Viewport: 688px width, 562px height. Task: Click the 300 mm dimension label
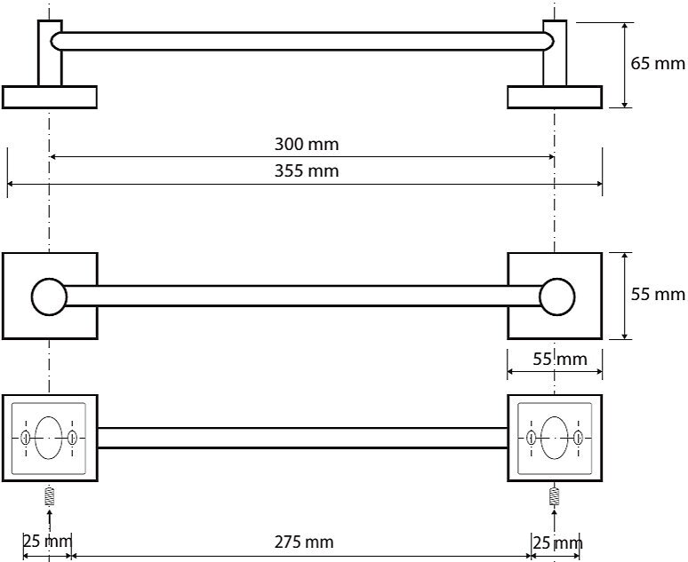coord(307,144)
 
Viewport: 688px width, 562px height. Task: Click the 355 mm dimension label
coord(307,171)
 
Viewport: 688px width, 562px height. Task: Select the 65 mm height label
coord(658,64)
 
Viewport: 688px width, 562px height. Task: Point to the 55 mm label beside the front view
coord(658,295)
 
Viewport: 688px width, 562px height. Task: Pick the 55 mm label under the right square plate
coord(559,360)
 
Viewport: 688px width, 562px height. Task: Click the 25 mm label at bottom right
coord(557,542)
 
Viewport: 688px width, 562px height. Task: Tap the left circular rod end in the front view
coord(49,296)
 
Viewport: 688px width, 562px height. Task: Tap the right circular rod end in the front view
coord(556,296)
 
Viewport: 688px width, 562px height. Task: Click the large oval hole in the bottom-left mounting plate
coord(49,437)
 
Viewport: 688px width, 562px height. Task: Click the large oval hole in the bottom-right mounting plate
coord(555,437)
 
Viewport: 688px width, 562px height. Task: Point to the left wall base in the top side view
coord(49,97)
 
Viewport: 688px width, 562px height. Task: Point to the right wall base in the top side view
coord(555,97)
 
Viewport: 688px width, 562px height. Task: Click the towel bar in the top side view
coord(302,41)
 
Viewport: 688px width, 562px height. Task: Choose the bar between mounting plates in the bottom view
coord(302,438)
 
